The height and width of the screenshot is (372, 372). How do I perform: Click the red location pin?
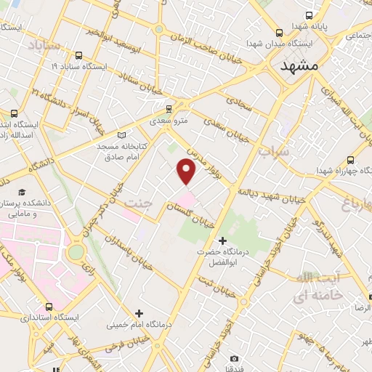[187, 171]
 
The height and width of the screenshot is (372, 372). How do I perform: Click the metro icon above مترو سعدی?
[169, 108]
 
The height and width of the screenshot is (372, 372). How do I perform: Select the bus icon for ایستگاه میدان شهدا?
[280, 32]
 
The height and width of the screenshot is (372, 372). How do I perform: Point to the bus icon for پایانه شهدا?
[309, 15]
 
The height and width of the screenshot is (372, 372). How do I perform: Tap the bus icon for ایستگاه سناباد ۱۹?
[78, 54]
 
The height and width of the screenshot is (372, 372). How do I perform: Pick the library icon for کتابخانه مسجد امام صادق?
[121, 134]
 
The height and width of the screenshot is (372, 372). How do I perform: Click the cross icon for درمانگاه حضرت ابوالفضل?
[222, 240]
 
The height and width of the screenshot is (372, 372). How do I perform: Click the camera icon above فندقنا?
[234, 358]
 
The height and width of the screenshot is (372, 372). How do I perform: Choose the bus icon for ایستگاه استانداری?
[49, 307]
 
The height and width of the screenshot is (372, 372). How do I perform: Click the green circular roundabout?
[76, 252]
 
